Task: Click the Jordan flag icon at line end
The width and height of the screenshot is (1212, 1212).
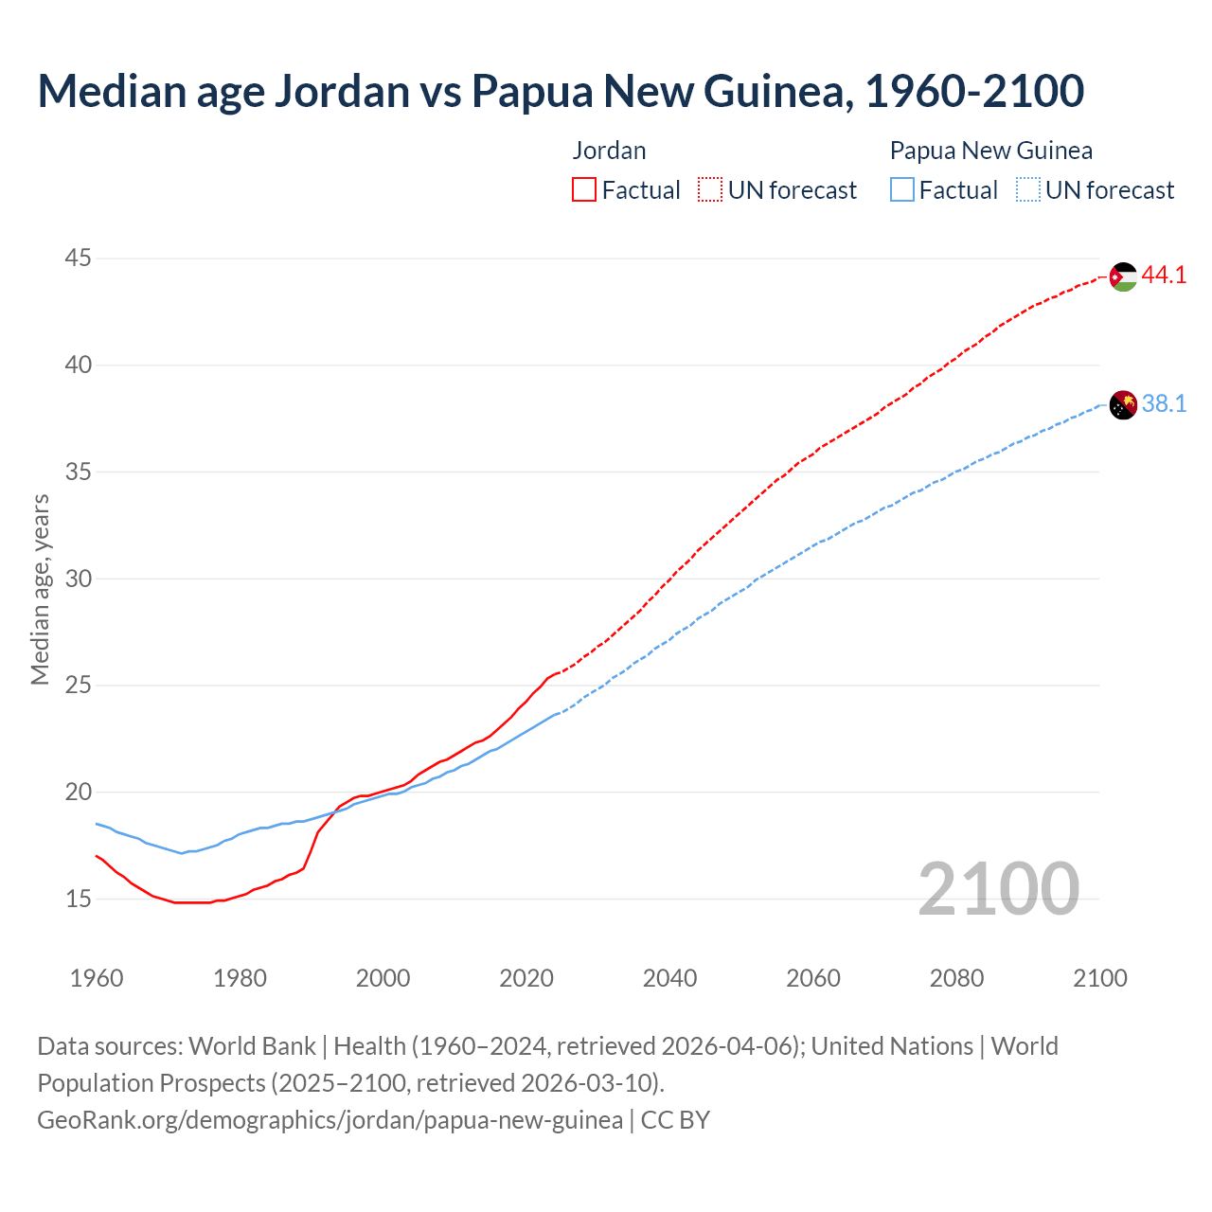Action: click(x=1122, y=276)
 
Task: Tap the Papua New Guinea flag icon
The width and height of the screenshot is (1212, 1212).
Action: click(x=1122, y=404)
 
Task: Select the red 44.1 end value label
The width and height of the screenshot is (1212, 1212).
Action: click(x=1164, y=276)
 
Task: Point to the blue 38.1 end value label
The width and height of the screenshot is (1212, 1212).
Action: click(x=1164, y=404)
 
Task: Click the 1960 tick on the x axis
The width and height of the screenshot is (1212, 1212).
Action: click(x=97, y=978)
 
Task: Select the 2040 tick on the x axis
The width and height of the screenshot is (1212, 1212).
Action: click(x=669, y=978)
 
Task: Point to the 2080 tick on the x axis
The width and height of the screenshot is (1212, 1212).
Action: click(x=956, y=978)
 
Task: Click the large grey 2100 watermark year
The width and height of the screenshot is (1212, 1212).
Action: click(x=998, y=888)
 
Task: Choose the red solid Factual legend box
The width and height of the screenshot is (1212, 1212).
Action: click(x=584, y=189)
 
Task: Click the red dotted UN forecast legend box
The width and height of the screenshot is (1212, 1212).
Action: click(x=710, y=189)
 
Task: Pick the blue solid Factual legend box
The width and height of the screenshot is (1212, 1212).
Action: click(x=902, y=189)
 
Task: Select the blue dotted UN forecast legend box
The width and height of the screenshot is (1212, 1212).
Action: click(x=1027, y=189)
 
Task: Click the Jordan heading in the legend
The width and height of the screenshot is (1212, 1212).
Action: click(x=609, y=151)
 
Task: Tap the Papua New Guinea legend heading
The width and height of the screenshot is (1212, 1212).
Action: click(x=990, y=151)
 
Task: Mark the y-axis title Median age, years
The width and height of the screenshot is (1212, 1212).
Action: click(x=40, y=589)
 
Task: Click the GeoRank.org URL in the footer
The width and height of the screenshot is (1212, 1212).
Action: click(x=330, y=1120)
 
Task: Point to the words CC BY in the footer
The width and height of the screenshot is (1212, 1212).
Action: click(x=675, y=1120)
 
